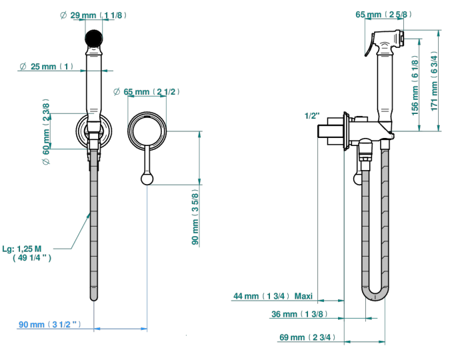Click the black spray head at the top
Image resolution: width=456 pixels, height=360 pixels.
click(x=94, y=39)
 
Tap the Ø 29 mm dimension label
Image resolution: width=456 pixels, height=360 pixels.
click(x=93, y=15)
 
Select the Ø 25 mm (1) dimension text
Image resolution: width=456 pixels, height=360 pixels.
click(x=47, y=67)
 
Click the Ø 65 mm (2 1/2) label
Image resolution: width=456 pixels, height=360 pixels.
click(x=146, y=92)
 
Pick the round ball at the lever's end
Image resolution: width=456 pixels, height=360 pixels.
click(x=147, y=179)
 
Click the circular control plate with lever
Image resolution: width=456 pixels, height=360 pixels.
click(x=147, y=131)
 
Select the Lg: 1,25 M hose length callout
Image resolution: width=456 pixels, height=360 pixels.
click(x=27, y=253)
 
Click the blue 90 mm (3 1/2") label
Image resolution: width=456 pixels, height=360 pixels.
click(x=50, y=324)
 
